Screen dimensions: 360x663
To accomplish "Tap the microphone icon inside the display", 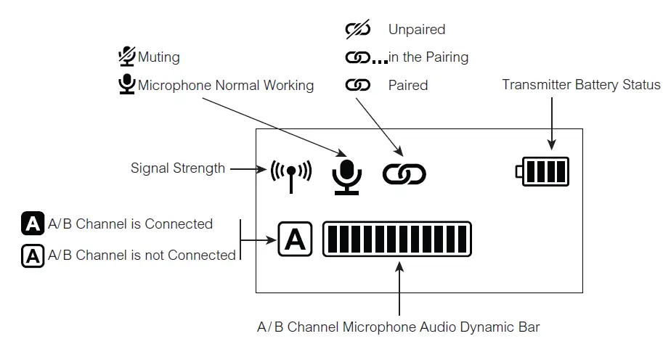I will click(346, 175).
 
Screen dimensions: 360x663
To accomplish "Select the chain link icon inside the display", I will click(404, 174).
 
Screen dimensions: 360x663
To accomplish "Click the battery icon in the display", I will click(542, 172).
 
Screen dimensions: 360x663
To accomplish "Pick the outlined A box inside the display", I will click(295, 239).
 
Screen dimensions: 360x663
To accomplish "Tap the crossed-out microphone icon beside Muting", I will click(127, 57).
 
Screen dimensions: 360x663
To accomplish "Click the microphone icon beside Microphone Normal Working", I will click(127, 85).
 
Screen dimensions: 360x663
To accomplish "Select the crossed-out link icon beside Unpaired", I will click(357, 30).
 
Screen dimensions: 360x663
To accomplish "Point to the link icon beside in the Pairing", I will click(358, 57).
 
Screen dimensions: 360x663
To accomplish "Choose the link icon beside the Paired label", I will click(357, 85).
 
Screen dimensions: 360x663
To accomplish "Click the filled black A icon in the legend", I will click(33, 224).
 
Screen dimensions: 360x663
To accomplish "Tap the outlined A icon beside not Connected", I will click(33, 255).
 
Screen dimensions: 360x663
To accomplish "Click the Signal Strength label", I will click(178, 168).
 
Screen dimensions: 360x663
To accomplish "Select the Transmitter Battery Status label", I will click(581, 85).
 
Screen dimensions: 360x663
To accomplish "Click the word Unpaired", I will click(417, 30).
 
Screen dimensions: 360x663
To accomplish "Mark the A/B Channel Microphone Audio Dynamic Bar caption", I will click(399, 327).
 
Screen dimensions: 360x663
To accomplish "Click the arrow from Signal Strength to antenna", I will click(248, 169).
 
